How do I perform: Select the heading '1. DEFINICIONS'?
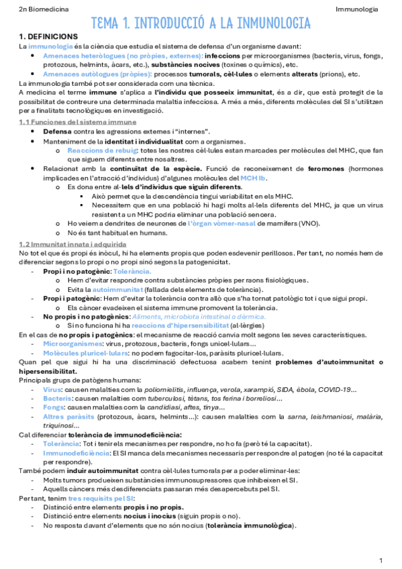click(x=48, y=36)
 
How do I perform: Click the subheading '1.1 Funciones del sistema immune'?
click(x=77, y=121)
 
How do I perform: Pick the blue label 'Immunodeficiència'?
click(x=77, y=454)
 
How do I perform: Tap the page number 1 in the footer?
click(x=381, y=560)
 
